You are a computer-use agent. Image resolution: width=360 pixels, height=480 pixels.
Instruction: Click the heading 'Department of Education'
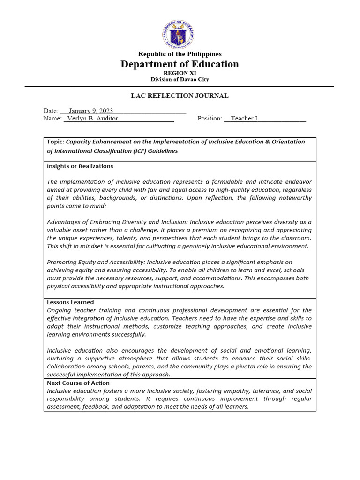coord(180,64)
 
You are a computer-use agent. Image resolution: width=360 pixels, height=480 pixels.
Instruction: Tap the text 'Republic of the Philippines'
coord(180,54)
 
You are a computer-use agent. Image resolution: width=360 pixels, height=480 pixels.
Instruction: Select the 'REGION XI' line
coord(180,73)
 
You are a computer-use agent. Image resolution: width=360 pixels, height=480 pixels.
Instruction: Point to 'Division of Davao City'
coord(180,80)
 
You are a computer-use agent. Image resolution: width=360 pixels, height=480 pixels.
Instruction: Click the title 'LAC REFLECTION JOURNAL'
coord(180,96)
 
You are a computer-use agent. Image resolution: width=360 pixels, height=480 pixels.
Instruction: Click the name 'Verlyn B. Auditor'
coord(92,119)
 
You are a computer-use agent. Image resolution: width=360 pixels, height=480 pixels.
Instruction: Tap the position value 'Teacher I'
coord(244,119)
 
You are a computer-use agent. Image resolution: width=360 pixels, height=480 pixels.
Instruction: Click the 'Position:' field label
coord(210,119)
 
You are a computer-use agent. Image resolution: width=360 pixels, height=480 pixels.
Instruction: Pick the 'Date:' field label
coord(51,111)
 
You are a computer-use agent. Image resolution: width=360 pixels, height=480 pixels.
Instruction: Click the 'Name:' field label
coord(52,119)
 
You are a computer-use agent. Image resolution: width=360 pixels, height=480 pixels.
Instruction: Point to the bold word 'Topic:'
coord(56,142)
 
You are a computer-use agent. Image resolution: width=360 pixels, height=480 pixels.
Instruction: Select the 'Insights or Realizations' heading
coord(80,166)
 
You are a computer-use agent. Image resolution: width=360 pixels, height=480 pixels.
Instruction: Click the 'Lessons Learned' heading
coord(70,302)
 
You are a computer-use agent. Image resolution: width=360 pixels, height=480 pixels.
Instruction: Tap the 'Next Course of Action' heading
coord(78,383)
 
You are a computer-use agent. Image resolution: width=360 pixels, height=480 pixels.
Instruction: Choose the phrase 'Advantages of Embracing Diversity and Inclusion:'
coord(117,222)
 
